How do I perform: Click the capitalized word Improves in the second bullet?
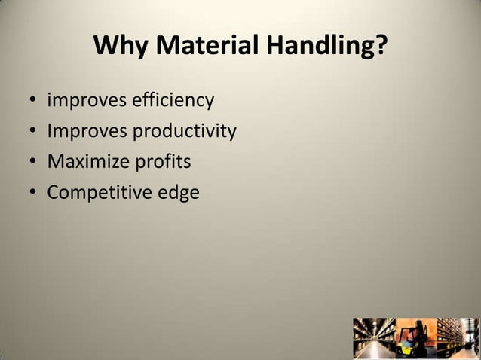click(x=87, y=131)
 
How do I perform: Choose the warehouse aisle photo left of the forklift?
click(x=374, y=338)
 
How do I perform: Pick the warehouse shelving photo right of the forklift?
click(x=457, y=338)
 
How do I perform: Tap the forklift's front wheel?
click(x=408, y=352)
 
